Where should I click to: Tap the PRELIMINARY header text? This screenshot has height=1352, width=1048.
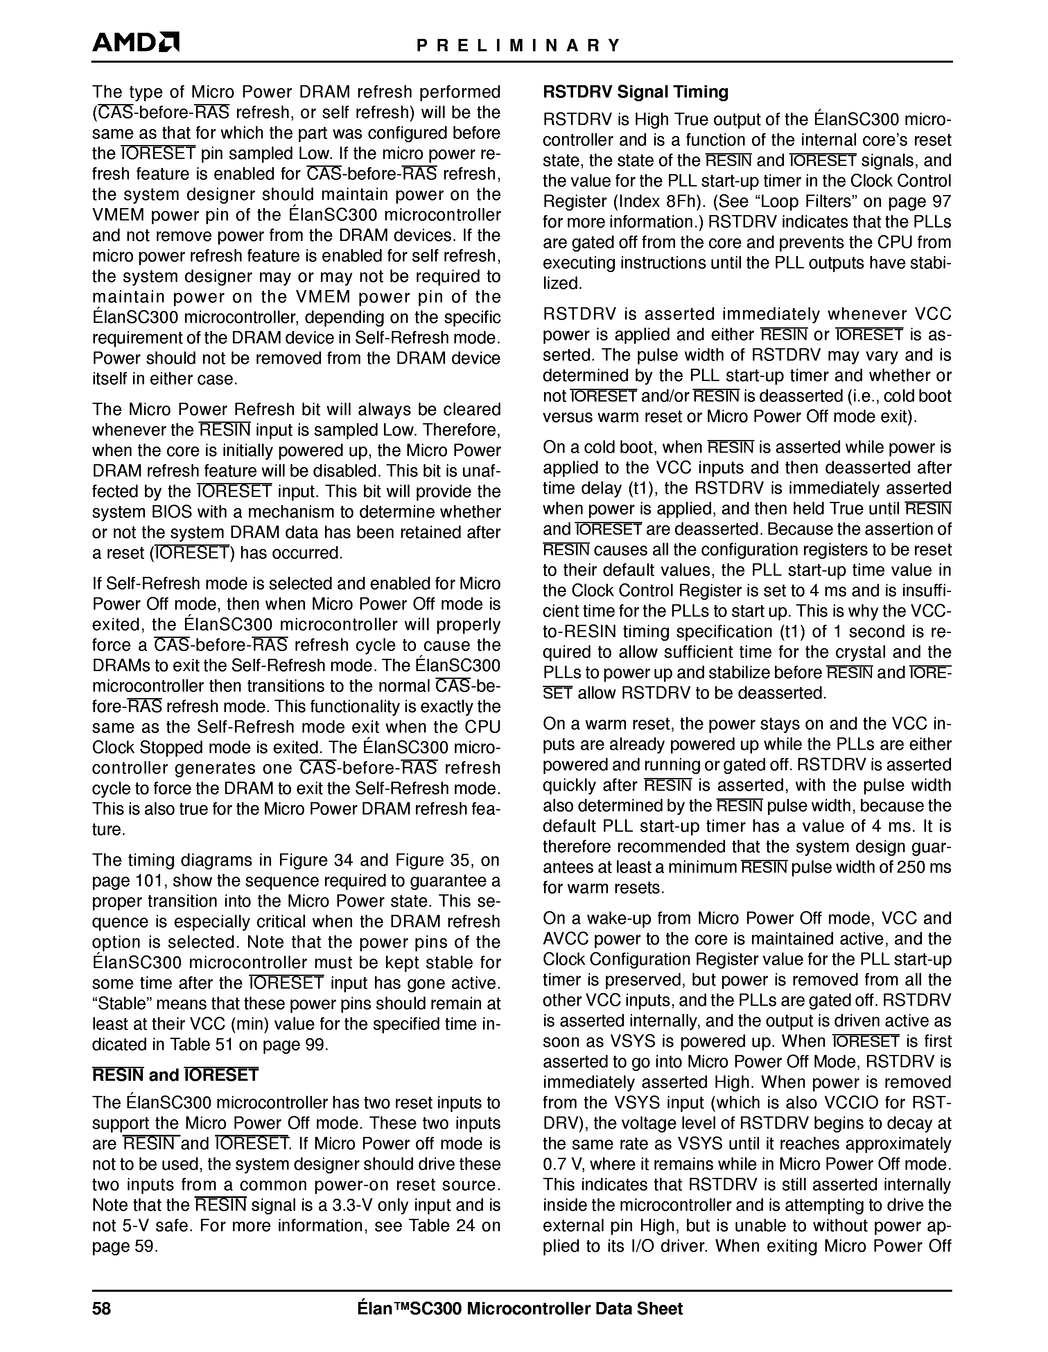point(518,45)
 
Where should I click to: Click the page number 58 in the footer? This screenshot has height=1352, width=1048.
point(102,1309)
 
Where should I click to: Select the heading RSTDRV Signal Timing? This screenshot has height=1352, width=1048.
point(635,92)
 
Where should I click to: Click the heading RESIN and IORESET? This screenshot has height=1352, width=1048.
point(175,1075)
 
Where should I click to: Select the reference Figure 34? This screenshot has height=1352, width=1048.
point(317,860)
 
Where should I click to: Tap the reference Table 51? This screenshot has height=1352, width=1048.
point(201,1044)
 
